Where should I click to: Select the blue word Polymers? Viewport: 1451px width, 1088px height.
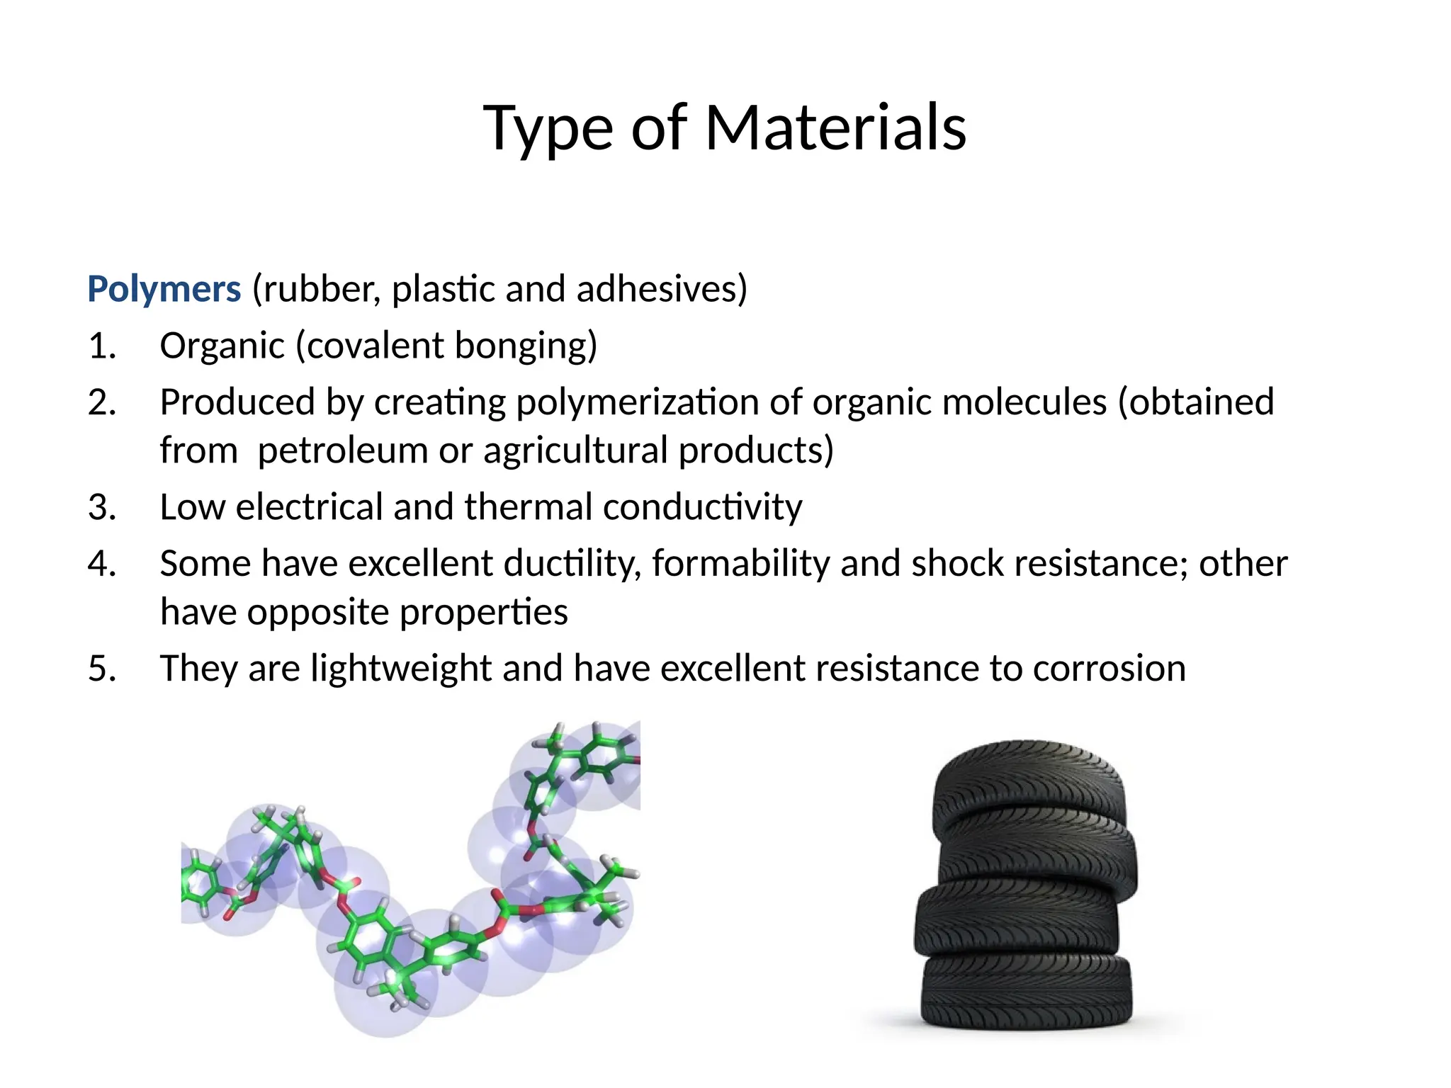[164, 290]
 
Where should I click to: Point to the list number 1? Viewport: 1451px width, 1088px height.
[102, 346]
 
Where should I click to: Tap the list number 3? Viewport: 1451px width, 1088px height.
[102, 507]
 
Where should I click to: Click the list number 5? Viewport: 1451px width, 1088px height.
[102, 669]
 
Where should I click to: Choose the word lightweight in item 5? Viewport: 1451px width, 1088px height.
[401, 669]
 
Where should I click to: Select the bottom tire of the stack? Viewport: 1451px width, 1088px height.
[1026, 992]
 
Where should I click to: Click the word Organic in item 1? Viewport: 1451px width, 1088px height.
[222, 346]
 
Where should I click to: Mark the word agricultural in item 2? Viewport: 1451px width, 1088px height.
[576, 450]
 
